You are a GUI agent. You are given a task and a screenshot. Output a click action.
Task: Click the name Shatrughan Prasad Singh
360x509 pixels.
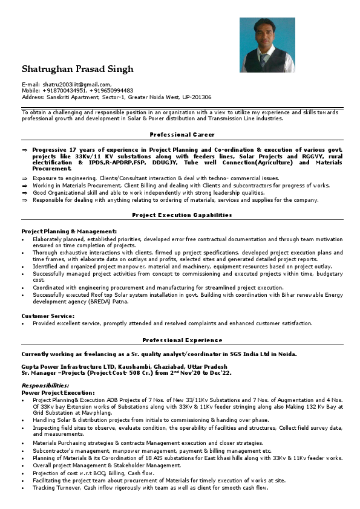77,69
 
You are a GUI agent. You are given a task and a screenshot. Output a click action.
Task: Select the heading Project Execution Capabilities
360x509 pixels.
182,215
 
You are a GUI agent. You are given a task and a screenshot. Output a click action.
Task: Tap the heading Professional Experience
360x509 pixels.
182,340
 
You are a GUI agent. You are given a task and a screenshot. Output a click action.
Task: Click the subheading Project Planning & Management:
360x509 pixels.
69,232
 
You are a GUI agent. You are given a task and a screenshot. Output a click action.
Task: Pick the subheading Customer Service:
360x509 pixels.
48,316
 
